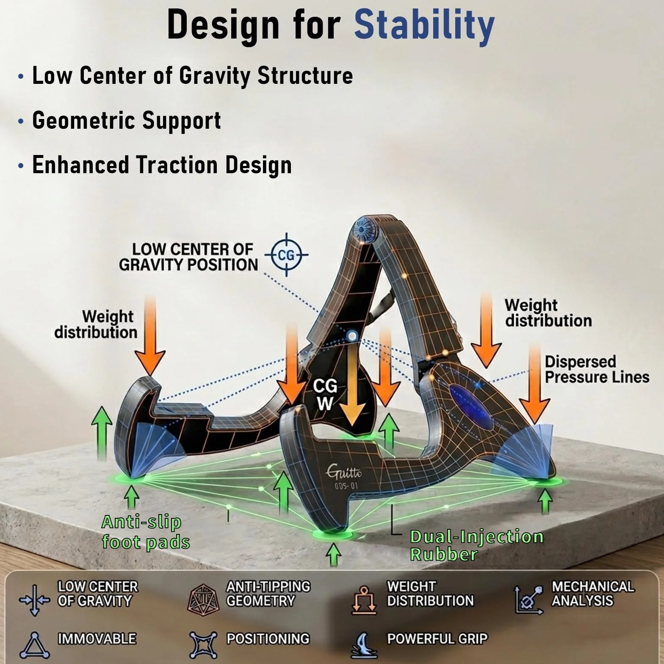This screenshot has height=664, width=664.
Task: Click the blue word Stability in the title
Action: point(424,25)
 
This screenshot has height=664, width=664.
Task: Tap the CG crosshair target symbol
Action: point(287,255)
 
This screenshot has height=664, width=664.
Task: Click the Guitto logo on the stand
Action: point(344,470)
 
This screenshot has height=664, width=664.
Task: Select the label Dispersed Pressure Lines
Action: point(597,369)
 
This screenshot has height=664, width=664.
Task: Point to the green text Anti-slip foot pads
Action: point(145,532)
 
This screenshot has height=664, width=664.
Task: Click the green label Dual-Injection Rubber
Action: point(477,545)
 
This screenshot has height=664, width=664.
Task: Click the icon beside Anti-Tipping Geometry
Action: point(203,600)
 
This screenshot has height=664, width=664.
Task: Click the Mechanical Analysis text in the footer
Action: point(592,593)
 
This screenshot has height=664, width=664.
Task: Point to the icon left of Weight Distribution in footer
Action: point(364,600)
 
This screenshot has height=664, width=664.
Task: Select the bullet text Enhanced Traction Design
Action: point(162,165)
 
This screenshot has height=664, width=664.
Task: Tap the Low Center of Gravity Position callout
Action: point(188,257)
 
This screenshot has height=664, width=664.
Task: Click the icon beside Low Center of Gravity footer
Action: point(35,600)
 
